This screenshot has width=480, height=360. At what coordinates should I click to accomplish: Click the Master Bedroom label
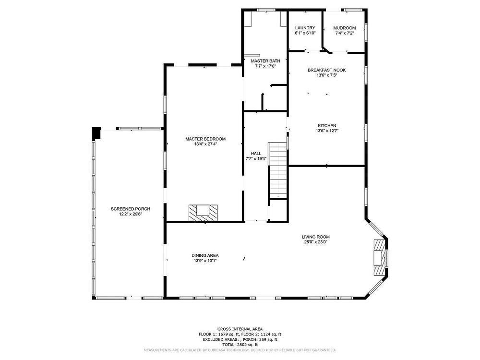(205, 139)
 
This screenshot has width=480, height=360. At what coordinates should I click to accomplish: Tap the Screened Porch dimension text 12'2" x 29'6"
(131, 214)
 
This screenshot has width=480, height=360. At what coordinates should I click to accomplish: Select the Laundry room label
(305, 28)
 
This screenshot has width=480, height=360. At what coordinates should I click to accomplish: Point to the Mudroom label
(344, 28)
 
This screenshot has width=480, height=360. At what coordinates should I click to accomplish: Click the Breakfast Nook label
(326, 70)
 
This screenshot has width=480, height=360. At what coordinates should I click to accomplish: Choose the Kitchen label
(327, 125)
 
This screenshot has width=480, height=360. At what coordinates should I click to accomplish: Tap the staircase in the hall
(278, 170)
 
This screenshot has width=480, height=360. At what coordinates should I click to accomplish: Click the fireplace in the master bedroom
(203, 213)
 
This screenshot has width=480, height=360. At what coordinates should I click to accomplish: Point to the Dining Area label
(205, 256)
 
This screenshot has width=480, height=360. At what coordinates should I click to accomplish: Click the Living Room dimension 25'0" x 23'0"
(316, 242)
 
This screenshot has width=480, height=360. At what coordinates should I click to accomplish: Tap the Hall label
(256, 154)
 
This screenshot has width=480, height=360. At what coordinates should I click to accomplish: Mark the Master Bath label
(265, 61)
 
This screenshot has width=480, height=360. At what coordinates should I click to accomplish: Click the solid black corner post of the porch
(96, 133)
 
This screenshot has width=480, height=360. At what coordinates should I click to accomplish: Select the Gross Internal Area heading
(240, 329)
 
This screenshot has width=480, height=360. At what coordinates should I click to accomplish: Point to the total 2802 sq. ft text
(240, 345)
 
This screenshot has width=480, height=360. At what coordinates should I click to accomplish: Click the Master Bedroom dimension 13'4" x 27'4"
(205, 144)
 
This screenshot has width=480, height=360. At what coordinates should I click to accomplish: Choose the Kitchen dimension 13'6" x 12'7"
(327, 131)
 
